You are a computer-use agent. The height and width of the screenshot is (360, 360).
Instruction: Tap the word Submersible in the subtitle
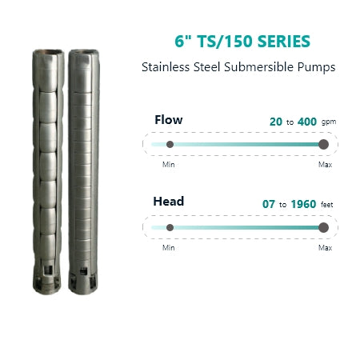(259, 67)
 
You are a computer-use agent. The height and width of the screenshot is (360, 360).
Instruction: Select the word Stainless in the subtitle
(166, 67)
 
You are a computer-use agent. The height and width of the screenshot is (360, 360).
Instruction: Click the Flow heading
(169, 120)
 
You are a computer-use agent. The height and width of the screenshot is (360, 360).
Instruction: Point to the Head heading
(169, 202)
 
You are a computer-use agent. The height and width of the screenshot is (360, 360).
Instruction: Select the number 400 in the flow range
(307, 122)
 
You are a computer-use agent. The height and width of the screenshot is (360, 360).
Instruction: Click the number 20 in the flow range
(276, 122)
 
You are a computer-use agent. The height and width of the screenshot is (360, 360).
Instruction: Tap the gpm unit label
(329, 122)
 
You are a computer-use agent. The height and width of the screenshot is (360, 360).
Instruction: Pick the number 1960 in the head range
(303, 204)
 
